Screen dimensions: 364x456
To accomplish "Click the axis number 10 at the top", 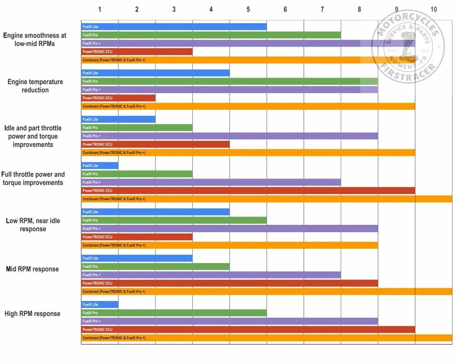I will point(434,9).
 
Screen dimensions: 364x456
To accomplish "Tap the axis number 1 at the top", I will point(100,9).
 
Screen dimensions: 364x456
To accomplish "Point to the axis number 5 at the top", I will point(248,9).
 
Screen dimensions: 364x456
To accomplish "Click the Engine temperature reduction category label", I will point(35,86).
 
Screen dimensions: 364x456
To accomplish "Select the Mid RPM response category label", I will point(33,269).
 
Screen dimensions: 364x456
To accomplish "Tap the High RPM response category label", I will point(32,314).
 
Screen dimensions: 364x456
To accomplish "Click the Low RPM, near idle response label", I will point(33,225).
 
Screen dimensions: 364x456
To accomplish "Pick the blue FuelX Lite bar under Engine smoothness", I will point(174,27).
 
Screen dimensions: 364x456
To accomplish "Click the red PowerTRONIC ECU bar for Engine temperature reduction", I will point(118,98).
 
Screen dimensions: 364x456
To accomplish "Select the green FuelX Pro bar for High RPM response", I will point(174,313).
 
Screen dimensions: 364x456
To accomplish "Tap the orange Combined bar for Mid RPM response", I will point(266,291).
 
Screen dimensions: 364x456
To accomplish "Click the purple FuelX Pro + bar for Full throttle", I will point(211,182).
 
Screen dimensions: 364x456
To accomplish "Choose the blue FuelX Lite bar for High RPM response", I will point(100,304).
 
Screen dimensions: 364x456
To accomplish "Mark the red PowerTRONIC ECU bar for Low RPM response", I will point(137,237).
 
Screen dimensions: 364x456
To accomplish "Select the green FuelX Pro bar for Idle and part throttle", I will point(137,128).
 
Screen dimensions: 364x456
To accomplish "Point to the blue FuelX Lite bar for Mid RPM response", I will point(137,258).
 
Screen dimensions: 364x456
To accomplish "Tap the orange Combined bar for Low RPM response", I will point(229,245).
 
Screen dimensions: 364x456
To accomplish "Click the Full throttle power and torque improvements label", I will point(33,178).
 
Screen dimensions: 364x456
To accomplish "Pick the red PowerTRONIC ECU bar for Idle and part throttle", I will point(155,144).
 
